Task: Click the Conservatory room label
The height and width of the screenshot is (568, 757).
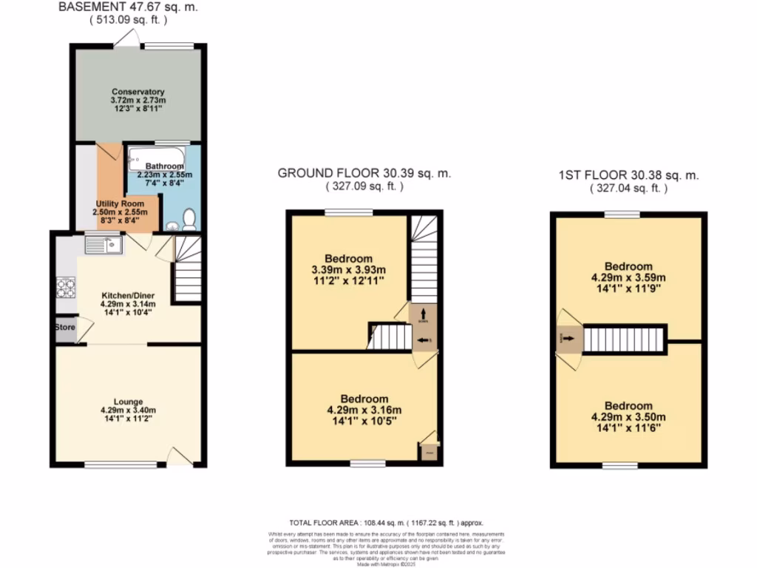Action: [138, 92]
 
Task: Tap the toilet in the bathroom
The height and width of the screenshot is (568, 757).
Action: [189, 219]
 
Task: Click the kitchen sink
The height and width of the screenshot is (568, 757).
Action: [103, 244]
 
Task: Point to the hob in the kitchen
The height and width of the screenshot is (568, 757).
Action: [65, 286]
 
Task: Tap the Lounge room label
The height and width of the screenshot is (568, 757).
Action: [128, 402]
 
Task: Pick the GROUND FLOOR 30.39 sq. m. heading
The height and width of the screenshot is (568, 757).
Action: [364, 174]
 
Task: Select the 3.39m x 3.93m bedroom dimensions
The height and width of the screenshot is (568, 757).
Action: [349, 270]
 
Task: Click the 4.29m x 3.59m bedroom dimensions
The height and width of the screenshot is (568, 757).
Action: [628, 278]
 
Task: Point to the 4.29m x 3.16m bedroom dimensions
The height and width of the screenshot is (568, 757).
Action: [364, 410]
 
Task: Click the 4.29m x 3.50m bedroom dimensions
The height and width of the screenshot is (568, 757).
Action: [628, 418]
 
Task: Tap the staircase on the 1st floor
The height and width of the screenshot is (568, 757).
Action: [625, 339]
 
